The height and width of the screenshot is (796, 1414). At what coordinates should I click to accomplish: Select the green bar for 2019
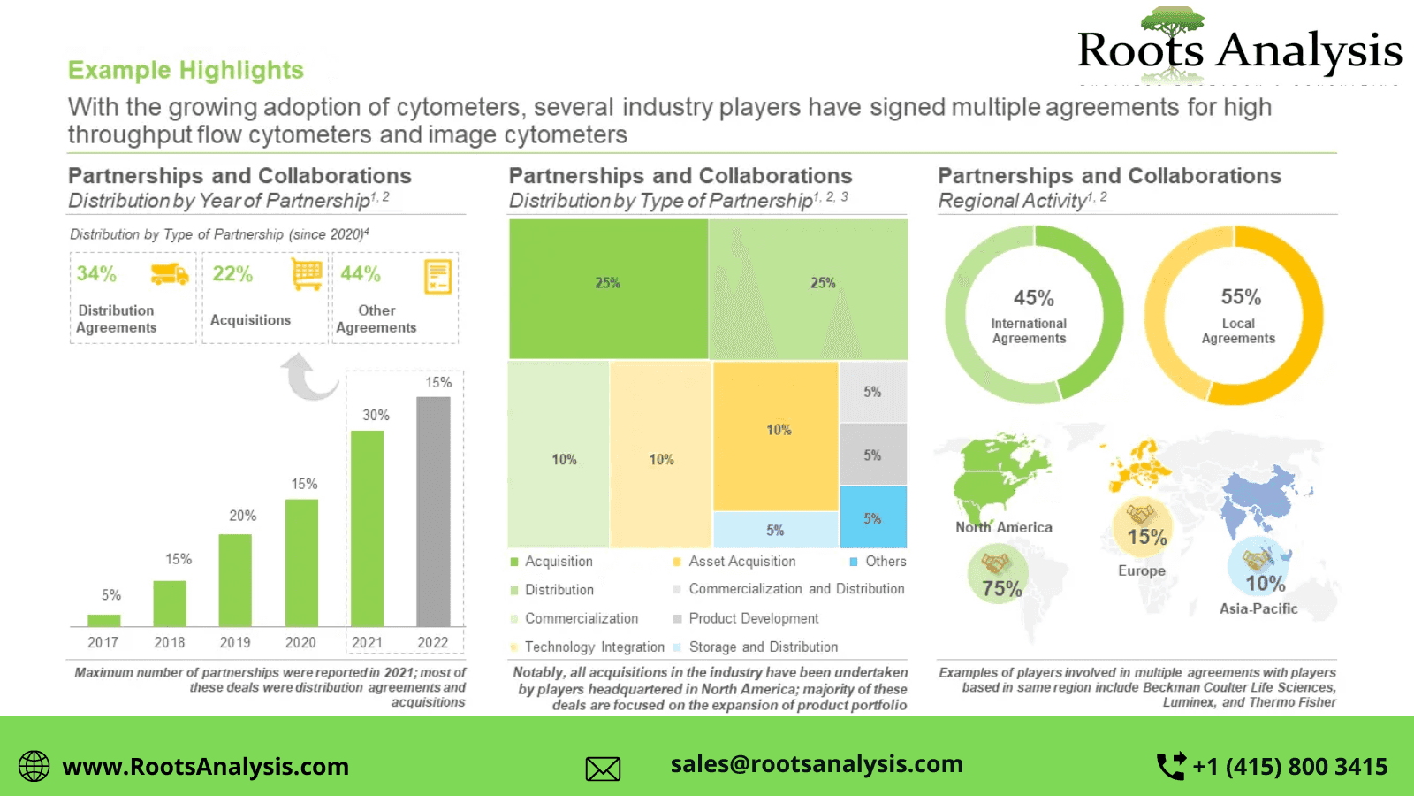click(235, 580)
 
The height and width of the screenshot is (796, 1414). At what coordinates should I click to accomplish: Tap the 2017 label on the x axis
click(103, 643)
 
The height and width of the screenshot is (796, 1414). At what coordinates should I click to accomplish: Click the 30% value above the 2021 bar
click(376, 415)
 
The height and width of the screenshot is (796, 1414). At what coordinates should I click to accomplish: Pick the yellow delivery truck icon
click(169, 274)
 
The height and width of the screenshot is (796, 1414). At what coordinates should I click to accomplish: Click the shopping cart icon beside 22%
click(307, 274)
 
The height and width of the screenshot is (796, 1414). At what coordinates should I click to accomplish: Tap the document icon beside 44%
click(437, 277)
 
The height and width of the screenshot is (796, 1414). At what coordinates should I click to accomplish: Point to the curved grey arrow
click(308, 377)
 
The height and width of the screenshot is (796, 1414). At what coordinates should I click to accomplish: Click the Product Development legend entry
click(754, 618)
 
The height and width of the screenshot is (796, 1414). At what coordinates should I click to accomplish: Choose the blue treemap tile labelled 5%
click(872, 517)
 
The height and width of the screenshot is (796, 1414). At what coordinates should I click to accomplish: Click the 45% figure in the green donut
click(1033, 298)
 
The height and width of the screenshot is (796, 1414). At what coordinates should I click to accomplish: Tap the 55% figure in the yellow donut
click(1241, 297)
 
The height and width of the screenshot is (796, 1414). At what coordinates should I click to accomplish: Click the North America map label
click(1004, 527)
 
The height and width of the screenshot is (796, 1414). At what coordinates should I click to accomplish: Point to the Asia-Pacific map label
click(1258, 608)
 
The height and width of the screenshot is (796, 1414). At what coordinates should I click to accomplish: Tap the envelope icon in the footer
click(603, 769)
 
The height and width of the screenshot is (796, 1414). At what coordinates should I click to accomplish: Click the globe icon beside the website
click(34, 766)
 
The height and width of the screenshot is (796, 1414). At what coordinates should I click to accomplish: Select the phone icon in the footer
click(1171, 766)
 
